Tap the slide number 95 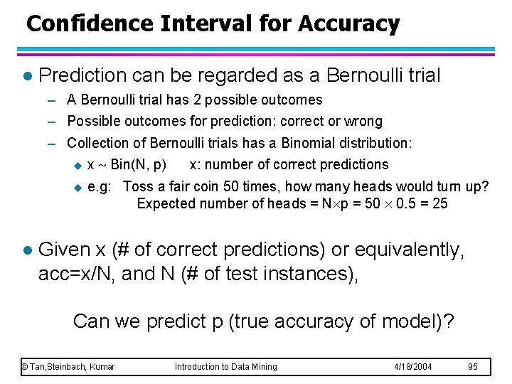click(x=472, y=366)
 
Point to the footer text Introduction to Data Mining click(x=226, y=366)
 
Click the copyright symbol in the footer click(x=24, y=366)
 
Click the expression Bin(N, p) click(x=139, y=164)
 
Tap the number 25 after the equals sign click(x=440, y=204)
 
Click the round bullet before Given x click(x=26, y=250)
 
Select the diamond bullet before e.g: click(x=78, y=187)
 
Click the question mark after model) click(x=448, y=321)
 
